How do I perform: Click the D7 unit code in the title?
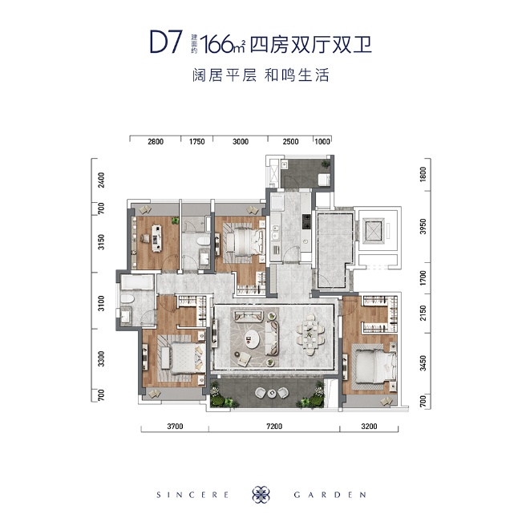pos(166,42)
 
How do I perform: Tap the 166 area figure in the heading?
pos(216,44)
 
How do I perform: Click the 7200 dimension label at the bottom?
pos(274,426)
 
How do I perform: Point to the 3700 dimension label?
pos(175,426)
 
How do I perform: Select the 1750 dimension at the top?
pos(196,141)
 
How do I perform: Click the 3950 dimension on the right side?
pos(423,226)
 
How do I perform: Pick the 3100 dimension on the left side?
pos(101,303)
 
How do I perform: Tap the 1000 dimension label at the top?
pos(322,141)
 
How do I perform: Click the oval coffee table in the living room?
pos(253,339)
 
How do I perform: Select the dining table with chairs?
pos(310,334)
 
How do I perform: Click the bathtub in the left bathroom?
pos(138,282)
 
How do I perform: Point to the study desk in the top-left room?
pos(156,237)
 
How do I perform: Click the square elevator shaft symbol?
pos(373,229)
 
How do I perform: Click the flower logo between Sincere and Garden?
pos(261,494)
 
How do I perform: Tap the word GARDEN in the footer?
pos(330,495)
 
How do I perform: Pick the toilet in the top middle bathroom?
pos(203,241)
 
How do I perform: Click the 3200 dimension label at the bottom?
pos(369,426)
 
